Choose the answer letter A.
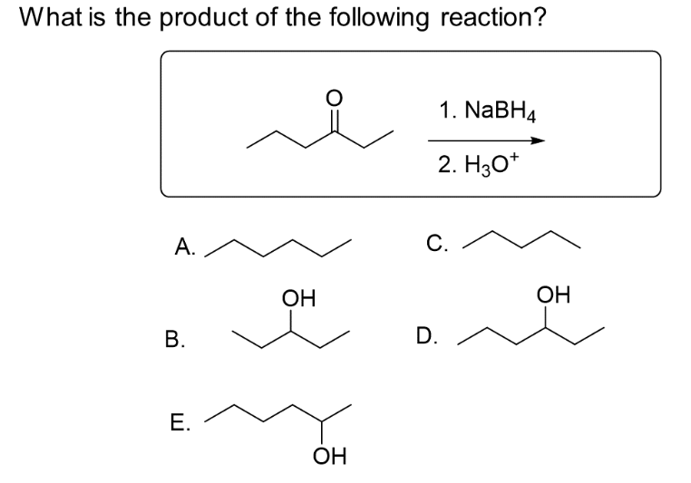tap(184, 245)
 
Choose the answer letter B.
tap(172, 341)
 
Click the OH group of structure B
tap(295, 297)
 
